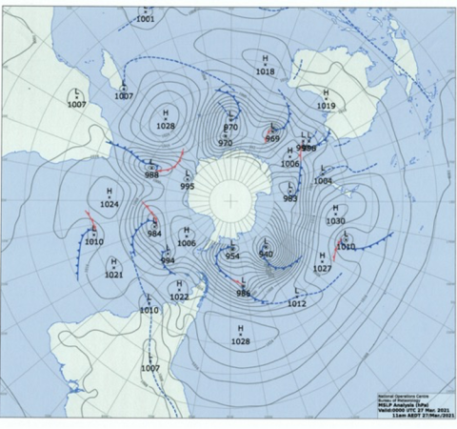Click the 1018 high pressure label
tap(265, 71)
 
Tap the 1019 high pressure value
tap(327, 106)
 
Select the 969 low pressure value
tap(272, 139)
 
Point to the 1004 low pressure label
tap(324, 180)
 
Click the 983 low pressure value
tap(289, 198)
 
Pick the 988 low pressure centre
tap(151, 175)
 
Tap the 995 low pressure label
tap(188, 187)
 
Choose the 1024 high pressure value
tap(109, 204)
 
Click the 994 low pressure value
tap(168, 260)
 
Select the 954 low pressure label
tap(232, 255)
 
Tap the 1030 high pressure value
tap(335, 220)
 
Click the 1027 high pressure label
tap(323, 268)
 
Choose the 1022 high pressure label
tap(179, 296)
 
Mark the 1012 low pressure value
tap(296, 303)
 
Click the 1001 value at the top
tap(145, 19)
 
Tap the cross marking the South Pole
tap(229, 200)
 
